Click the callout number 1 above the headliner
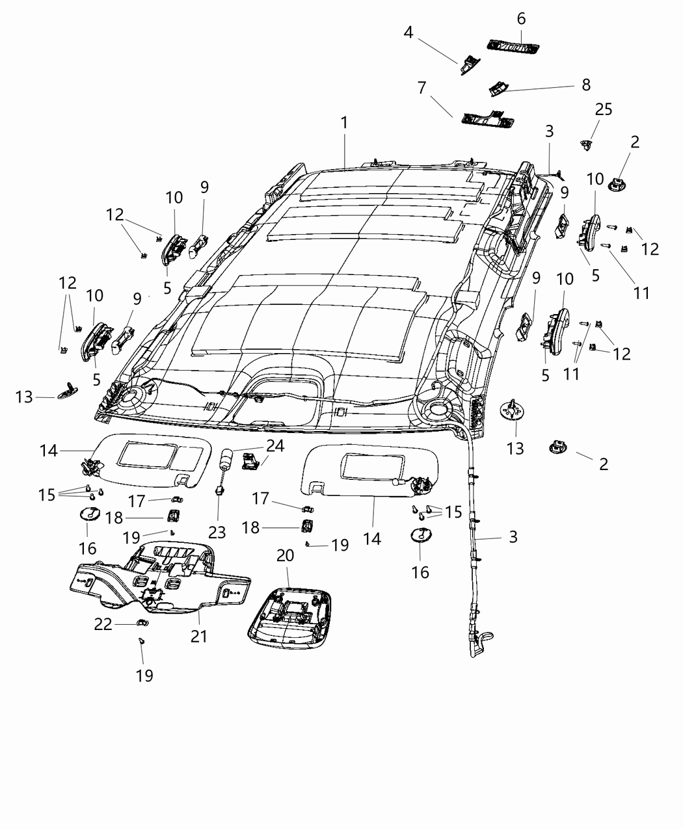pyautogui.click(x=344, y=122)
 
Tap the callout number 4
pyautogui.click(x=408, y=32)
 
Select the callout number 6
pyautogui.click(x=521, y=19)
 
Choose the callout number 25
pyautogui.click(x=604, y=109)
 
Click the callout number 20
pyautogui.click(x=286, y=556)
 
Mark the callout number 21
pyautogui.click(x=199, y=635)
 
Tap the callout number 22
pyautogui.click(x=103, y=624)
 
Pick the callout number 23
pyautogui.click(x=217, y=533)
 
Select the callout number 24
pyautogui.click(x=275, y=446)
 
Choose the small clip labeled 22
pyautogui.click(x=142, y=624)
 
